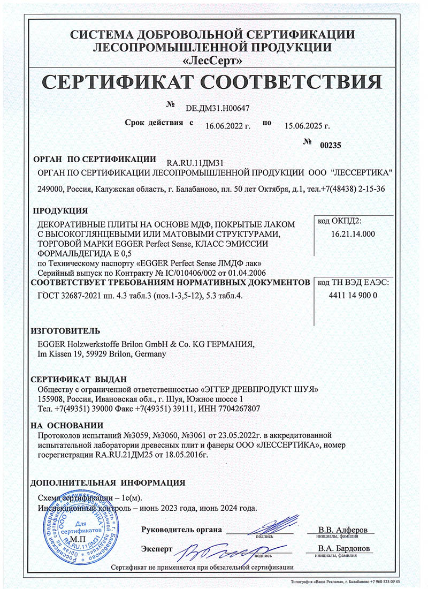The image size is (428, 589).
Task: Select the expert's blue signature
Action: [x=225, y=548]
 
